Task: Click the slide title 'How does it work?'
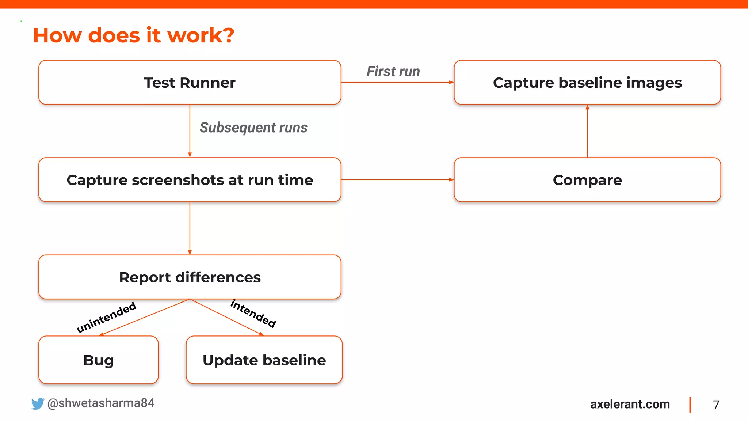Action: point(133,35)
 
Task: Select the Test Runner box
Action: point(190,83)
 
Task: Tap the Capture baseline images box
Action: point(587,83)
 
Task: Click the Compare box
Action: point(587,180)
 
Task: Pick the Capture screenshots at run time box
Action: point(190,180)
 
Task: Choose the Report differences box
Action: point(190,277)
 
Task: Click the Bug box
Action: point(98,360)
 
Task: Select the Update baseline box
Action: point(264,360)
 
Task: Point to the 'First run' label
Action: point(393,71)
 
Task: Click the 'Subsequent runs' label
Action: point(253,128)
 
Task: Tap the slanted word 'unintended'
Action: point(106,317)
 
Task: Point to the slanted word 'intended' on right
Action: point(253,313)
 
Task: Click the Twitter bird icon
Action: point(37,404)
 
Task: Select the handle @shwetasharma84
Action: point(101,403)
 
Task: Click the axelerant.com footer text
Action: point(630,404)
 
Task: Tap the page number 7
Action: point(716,405)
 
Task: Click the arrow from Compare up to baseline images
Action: point(587,132)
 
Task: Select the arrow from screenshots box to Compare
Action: point(397,180)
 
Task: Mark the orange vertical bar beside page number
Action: point(690,405)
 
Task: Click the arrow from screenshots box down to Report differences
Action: point(190,228)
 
